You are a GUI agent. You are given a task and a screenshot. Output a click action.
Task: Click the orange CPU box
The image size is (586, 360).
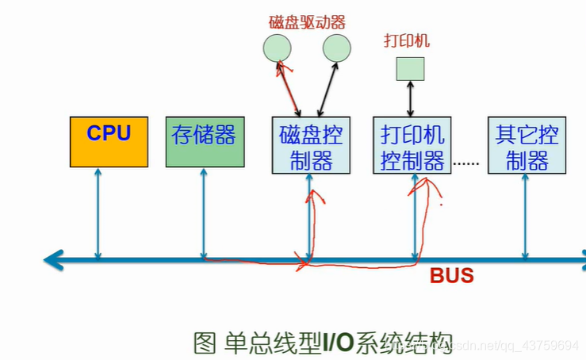tap(109, 142)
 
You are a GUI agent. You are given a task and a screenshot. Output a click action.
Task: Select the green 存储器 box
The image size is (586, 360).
tap(204, 142)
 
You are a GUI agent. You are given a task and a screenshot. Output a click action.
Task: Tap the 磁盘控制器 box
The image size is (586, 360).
tap(311, 146)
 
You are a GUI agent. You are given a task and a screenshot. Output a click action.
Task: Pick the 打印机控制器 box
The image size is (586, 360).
tap(412, 146)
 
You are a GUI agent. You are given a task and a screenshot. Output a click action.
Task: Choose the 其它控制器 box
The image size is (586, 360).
tap(527, 146)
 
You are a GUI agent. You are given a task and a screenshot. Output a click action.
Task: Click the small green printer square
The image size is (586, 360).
tap(411, 68)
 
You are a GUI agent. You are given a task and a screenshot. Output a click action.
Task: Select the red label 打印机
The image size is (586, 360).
tap(407, 40)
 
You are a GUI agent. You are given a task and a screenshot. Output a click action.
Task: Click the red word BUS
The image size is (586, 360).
tap(451, 276)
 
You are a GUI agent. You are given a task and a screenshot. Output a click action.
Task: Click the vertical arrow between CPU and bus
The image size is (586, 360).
tap(98, 213)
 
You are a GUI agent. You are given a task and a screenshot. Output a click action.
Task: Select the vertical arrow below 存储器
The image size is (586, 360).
tap(204, 213)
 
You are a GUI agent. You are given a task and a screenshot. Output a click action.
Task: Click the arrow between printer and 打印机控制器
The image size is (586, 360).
tap(411, 98)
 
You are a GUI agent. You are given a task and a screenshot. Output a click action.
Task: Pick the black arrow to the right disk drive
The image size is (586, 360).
tap(327, 88)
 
